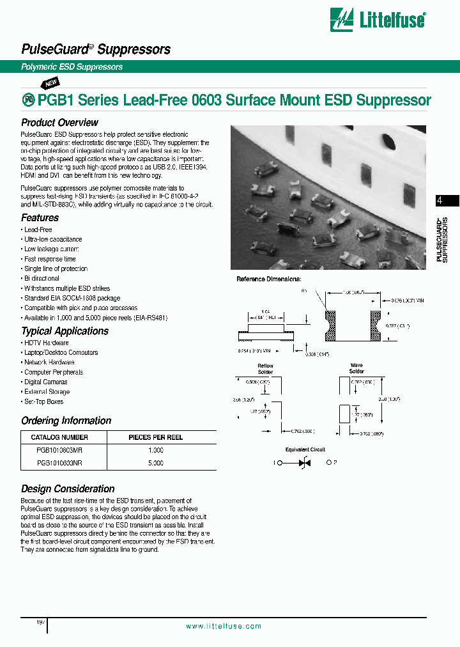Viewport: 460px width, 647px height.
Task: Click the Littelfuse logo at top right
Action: click(378, 20)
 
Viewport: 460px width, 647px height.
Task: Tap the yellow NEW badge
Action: click(50, 83)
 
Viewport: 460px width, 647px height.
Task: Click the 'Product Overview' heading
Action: click(59, 123)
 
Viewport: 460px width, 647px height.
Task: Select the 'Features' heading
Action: click(40, 218)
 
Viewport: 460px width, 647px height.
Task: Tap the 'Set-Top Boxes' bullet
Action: click(43, 402)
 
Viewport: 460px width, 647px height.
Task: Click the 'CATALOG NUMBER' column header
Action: click(59, 438)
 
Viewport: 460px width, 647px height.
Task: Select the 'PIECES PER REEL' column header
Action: click(156, 438)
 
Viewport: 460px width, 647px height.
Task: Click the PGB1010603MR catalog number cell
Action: click(59, 451)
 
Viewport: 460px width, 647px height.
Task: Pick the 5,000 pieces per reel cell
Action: click(155, 463)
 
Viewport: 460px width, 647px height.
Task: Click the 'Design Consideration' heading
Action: click(68, 489)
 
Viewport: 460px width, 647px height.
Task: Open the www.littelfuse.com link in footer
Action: click(224, 627)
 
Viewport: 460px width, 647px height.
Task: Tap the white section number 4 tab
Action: click(440, 200)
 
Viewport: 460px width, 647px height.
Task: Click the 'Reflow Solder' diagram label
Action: click(265, 369)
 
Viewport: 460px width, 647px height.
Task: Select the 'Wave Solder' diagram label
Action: click(356, 369)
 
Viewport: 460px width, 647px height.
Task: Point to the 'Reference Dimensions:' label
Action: click(268, 279)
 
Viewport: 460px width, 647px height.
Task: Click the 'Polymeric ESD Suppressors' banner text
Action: click(72, 67)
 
